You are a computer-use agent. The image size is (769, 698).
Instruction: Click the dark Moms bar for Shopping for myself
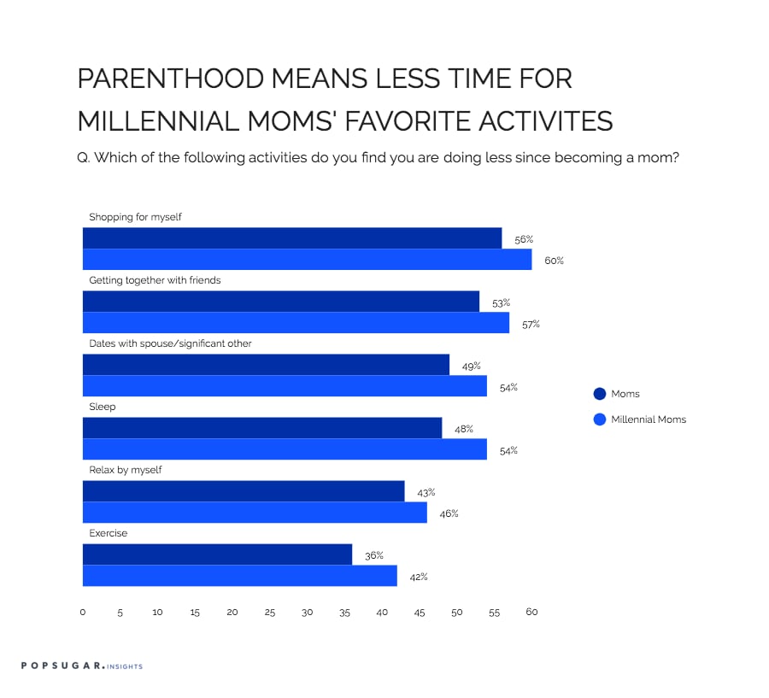[x=292, y=238]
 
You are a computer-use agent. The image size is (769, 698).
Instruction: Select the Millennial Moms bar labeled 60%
[x=307, y=260]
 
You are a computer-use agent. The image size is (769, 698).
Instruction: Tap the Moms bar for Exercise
[x=217, y=554]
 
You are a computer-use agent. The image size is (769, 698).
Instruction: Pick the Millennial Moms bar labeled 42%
[x=240, y=576]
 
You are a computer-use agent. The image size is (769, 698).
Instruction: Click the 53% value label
[x=502, y=303]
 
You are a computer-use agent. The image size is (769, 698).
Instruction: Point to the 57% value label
[x=531, y=325]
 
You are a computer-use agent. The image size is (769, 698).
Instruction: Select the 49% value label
[x=472, y=367]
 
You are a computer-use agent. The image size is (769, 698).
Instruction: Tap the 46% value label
[x=449, y=513]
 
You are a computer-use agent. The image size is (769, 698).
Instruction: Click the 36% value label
[x=374, y=555]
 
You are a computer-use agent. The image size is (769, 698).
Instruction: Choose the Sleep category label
[x=103, y=407]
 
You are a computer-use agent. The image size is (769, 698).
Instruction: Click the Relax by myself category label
[x=126, y=470]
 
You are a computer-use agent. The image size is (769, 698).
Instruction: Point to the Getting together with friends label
[x=155, y=280]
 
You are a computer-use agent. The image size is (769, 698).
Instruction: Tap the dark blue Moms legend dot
[x=600, y=394]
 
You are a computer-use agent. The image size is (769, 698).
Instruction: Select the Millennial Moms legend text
[x=649, y=419]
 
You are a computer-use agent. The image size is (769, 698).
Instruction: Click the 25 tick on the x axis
[x=270, y=613]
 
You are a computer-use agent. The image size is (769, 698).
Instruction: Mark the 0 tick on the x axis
[x=82, y=613]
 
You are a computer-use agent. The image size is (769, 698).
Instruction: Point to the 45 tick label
[x=420, y=613]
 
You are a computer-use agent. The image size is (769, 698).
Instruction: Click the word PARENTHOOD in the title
[x=171, y=79]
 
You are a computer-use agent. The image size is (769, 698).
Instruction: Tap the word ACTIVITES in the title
[x=545, y=121]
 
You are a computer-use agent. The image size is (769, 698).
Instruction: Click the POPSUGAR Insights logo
[x=82, y=666]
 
